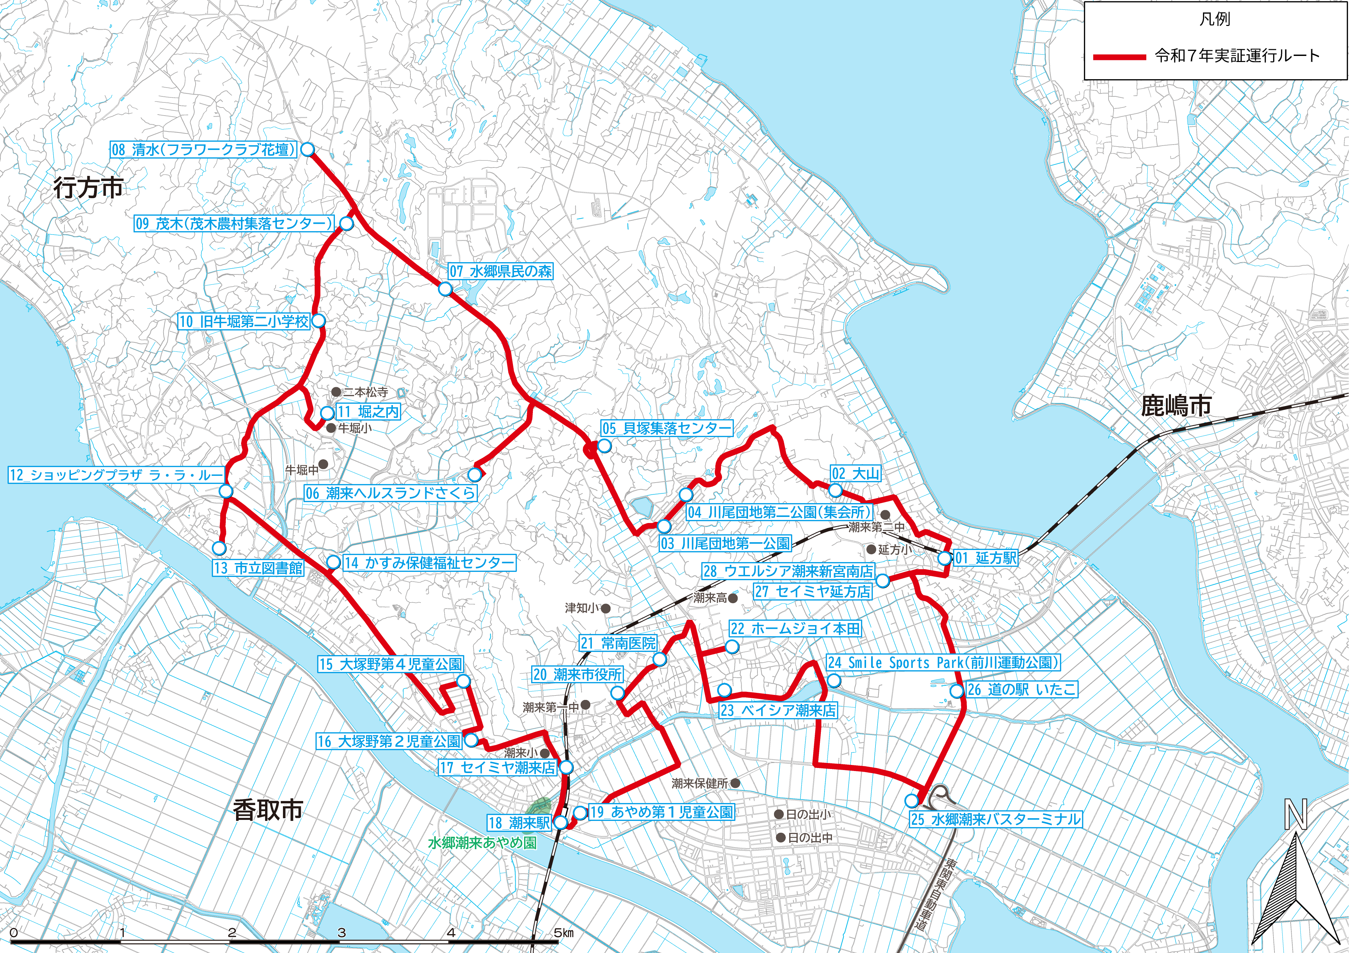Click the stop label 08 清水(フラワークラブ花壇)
pyautogui.click(x=203, y=150)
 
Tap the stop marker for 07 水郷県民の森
pyautogui.click(x=445, y=289)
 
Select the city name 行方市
pyautogui.click(x=88, y=188)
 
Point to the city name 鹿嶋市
pyautogui.click(x=1176, y=405)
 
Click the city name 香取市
pyautogui.click(x=267, y=810)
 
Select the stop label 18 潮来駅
pyautogui.click(x=519, y=823)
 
